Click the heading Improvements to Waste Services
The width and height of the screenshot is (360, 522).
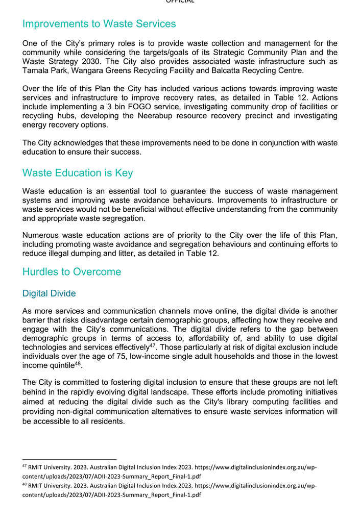click(x=99, y=24)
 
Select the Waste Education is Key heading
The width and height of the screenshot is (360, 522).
click(x=78, y=173)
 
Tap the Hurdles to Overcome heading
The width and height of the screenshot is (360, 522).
click(x=71, y=271)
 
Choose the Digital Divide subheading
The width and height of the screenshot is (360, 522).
click(x=49, y=293)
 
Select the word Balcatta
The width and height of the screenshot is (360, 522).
click(x=242, y=71)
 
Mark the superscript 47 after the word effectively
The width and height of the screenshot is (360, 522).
click(x=152, y=345)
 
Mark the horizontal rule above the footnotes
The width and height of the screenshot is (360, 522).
click(x=69, y=459)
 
